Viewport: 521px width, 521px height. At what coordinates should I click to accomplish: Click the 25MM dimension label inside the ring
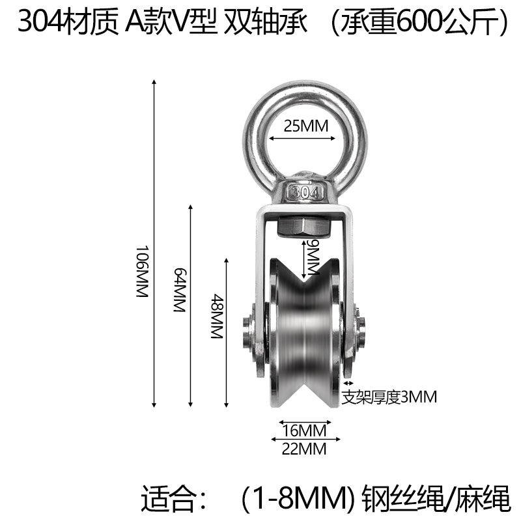click(x=305, y=126)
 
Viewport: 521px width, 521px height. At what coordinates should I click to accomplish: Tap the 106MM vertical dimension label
click(x=142, y=272)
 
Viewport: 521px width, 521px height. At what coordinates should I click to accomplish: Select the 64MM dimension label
click(x=180, y=290)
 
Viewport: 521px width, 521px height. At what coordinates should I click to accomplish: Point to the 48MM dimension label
click(x=217, y=316)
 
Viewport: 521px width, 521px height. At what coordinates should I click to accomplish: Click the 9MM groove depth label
click(x=313, y=257)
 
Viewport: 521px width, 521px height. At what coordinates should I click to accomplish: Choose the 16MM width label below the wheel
click(x=304, y=430)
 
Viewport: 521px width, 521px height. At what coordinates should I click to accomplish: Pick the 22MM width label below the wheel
click(x=304, y=449)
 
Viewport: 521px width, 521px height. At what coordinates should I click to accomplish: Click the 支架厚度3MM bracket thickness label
click(x=389, y=397)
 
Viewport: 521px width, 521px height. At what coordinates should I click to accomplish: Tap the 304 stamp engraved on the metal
click(x=305, y=193)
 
